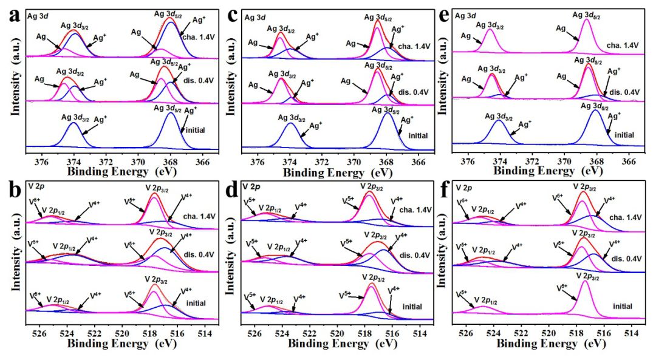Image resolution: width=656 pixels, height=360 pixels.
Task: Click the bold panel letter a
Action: click(12, 16)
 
